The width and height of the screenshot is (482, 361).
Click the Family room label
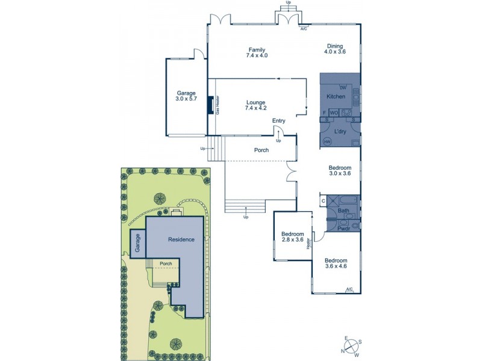pyautogui.click(x=257, y=50)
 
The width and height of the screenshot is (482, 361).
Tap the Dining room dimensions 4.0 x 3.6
pyautogui.click(x=336, y=52)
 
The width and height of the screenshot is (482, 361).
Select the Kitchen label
pyautogui.click(x=336, y=97)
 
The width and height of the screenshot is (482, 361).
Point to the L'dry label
pyautogui.click(x=339, y=130)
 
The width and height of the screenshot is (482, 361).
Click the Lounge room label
pyautogui.click(x=255, y=102)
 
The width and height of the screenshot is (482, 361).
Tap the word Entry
pyautogui.click(x=278, y=121)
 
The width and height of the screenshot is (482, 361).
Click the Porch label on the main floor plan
pyautogui.click(x=261, y=150)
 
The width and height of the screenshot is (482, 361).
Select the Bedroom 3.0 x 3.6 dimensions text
pyautogui.click(x=339, y=174)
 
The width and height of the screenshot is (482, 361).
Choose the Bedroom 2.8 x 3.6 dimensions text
pyautogui.click(x=292, y=240)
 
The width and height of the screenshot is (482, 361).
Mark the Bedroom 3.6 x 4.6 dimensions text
pyautogui.click(x=336, y=265)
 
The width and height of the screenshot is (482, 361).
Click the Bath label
pyautogui.click(x=343, y=211)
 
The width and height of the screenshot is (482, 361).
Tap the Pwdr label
pyautogui.click(x=344, y=229)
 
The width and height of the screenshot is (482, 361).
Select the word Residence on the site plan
pyautogui.click(x=181, y=239)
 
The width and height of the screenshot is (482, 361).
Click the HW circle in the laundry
pyautogui.click(x=327, y=141)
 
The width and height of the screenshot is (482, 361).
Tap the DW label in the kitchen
pyautogui.click(x=343, y=88)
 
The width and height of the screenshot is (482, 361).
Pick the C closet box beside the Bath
pyautogui.click(x=324, y=200)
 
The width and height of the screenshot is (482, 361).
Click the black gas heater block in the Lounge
pyautogui.click(x=210, y=105)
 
